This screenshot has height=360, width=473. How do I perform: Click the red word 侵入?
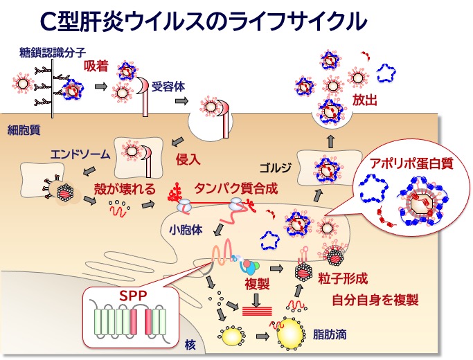pyautogui.click(x=188, y=159)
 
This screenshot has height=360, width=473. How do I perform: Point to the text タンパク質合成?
pyautogui.click(x=231, y=188)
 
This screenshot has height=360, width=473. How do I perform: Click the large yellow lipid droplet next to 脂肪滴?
pyautogui.click(x=292, y=334)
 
